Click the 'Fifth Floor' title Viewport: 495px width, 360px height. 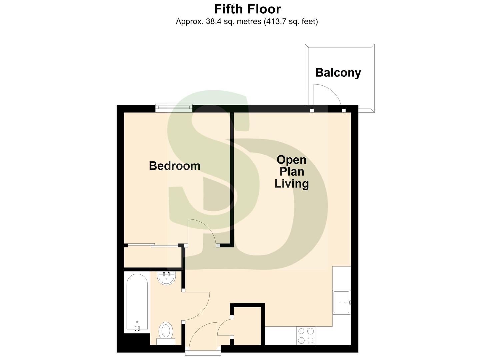tap(247, 9)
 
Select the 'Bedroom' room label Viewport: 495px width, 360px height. tap(174, 166)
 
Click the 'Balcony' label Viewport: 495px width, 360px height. tap(338, 73)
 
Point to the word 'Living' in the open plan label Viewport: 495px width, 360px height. tap(291, 184)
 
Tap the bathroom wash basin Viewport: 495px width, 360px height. tap(166, 278)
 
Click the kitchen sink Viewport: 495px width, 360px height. tap(341, 302)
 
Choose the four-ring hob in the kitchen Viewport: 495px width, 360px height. tap(306, 336)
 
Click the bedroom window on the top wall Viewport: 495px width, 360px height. tap(174, 107)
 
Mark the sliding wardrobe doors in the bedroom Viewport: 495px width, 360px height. tap(153, 246)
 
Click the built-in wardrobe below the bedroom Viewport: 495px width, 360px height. tap(153, 257)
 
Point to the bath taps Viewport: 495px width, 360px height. tap(137, 328)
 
